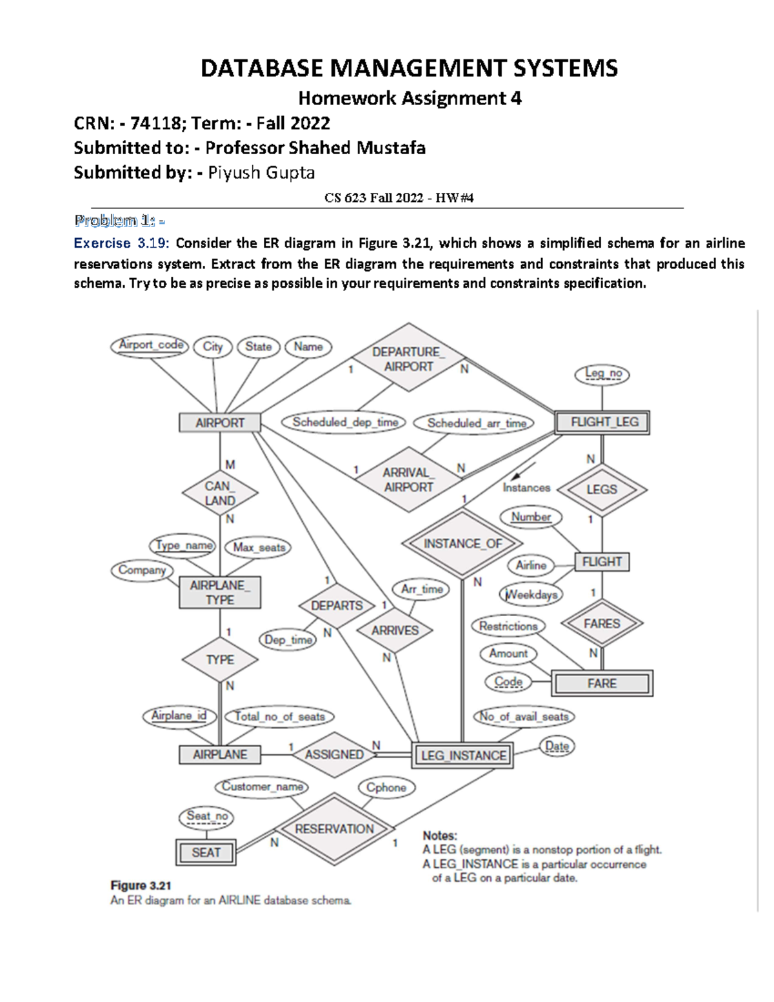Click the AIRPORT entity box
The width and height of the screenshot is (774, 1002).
pos(220,423)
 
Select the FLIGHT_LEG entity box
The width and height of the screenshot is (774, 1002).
pos(602,423)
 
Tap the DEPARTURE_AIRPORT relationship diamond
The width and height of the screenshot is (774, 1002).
pos(408,359)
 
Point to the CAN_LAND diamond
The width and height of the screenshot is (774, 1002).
pos(220,494)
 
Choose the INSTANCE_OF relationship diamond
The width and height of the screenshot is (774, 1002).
pos(462,543)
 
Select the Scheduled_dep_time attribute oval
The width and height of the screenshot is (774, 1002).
pos(344,423)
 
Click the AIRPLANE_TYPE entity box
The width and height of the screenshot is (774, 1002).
pos(220,592)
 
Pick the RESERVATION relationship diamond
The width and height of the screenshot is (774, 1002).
pos(333,829)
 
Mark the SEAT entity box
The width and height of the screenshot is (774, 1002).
pos(206,852)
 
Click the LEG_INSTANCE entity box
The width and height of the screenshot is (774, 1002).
pos(462,756)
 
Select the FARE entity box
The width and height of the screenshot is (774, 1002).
pos(602,683)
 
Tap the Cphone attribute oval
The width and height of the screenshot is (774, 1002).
pos(386,788)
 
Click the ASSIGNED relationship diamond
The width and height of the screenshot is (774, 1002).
pos(333,754)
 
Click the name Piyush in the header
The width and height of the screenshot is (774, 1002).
pos(230,173)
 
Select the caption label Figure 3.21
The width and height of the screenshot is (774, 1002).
pos(141,885)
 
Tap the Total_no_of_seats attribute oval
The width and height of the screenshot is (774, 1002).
pos(279,716)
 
